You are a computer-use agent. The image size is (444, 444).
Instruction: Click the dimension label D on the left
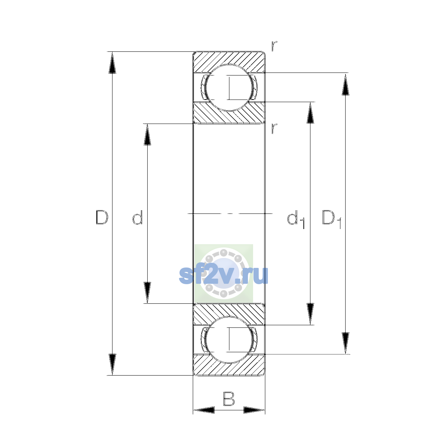[102, 217]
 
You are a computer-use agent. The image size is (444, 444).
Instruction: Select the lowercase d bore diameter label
[138, 217]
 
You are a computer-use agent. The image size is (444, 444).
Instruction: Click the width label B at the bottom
[229, 398]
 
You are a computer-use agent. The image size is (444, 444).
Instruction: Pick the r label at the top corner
[274, 46]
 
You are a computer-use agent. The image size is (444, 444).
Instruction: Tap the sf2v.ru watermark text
[223, 276]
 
